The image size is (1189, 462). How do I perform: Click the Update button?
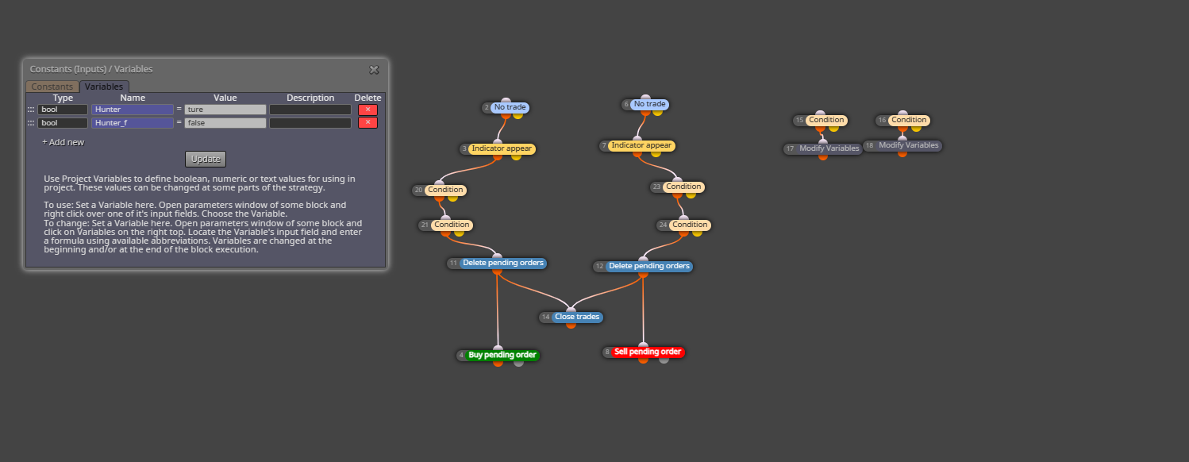click(206, 159)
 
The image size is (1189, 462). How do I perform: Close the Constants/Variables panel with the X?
click(374, 70)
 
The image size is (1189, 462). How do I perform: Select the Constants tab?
click(52, 86)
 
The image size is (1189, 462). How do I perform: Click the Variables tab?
click(103, 86)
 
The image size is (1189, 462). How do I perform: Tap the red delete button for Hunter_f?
click(367, 123)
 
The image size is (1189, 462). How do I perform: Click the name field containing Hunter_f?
click(133, 123)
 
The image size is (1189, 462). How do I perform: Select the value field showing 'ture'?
click(225, 110)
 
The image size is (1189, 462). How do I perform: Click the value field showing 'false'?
click(225, 123)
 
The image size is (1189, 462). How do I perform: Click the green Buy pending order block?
click(502, 355)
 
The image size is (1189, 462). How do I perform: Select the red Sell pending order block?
click(647, 352)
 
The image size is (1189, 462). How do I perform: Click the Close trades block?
click(577, 317)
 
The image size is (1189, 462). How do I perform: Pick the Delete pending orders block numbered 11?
click(502, 263)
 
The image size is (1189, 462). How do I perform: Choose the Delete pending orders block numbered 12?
click(648, 266)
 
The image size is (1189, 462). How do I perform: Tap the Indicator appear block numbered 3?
click(502, 148)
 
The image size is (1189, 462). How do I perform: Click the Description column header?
click(310, 98)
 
